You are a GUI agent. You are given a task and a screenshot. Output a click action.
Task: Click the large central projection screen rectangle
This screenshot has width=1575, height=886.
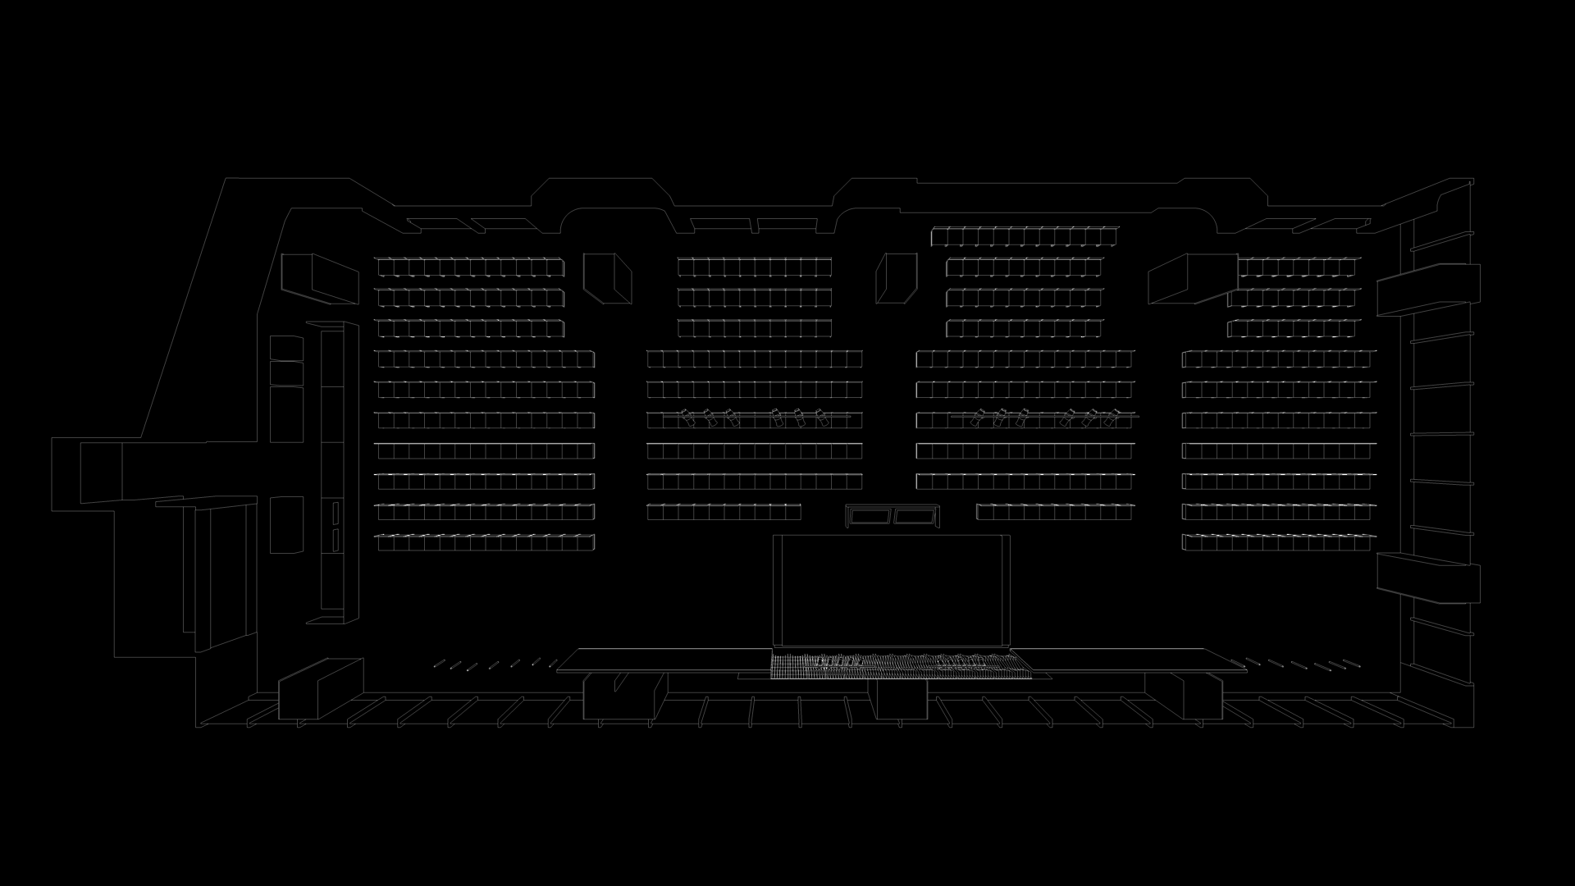point(892,591)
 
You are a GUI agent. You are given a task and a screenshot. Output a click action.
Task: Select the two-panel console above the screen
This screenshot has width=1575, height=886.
point(892,516)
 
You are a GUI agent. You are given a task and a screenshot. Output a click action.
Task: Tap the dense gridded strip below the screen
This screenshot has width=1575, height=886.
point(898,665)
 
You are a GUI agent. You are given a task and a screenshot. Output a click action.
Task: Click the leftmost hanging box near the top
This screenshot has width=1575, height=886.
point(320,279)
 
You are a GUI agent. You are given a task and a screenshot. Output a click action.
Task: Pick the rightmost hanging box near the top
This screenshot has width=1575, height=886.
point(1192,278)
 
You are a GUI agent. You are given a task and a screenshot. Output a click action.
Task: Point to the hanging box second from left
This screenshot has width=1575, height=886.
point(607,278)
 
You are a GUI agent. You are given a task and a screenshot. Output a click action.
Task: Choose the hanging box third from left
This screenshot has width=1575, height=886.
point(896,278)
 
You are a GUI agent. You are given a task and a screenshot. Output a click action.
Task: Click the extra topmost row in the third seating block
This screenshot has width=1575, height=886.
point(1025,237)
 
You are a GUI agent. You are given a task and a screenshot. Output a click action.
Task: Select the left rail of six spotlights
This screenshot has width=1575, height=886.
point(755,418)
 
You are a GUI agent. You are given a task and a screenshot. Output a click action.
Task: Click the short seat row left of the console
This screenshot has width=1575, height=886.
point(724,513)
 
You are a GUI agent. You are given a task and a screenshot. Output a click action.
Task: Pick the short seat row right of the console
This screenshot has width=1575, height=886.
point(1055,513)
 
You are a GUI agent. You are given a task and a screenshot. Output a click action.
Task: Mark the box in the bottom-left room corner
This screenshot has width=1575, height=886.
point(320,689)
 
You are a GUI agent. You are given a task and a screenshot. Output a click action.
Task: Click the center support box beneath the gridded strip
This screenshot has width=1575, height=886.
point(898,700)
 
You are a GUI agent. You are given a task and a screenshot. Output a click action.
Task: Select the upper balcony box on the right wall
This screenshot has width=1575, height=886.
point(1428,289)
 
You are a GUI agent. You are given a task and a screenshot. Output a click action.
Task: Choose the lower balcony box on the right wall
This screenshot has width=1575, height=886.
point(1428,578)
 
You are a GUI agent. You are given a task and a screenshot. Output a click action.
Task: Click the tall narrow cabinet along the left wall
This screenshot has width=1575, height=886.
point(332,472)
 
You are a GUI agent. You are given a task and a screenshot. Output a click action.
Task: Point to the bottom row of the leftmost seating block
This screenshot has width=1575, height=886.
point(485,543)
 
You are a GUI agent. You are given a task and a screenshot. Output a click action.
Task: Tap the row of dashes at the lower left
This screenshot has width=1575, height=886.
point(488,664)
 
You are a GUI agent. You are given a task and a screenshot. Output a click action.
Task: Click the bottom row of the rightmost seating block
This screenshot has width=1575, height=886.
point(1278,543)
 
